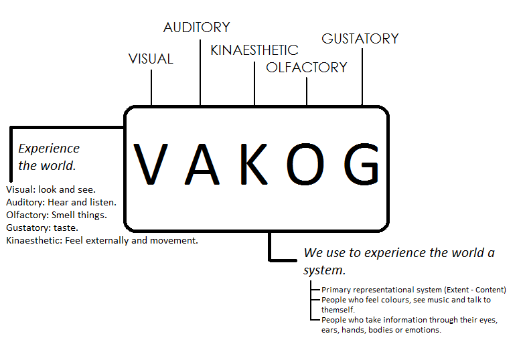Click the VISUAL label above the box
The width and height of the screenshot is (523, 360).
point(151,59)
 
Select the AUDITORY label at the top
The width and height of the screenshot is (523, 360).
point(196,27)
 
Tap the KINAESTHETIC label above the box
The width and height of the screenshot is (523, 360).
point(254,50)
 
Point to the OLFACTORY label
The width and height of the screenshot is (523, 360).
point(307,68)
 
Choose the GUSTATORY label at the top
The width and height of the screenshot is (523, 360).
point(360,39)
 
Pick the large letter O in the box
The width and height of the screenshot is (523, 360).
point(307,164)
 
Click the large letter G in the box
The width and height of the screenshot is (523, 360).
point(362,164)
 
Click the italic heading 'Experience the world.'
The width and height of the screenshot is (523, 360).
point(48,157)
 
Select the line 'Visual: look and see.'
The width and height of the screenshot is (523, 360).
point(51,190)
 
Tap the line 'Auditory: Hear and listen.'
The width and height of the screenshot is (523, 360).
point(61,202)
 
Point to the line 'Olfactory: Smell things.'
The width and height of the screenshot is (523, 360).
point(56,215)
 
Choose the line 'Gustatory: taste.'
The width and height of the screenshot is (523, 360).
point(43,228)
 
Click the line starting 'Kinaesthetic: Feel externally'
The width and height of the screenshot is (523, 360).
point(102,240)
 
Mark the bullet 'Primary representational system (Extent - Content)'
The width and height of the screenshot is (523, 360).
point(413,290)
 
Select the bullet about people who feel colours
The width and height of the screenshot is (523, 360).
point(406,304)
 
